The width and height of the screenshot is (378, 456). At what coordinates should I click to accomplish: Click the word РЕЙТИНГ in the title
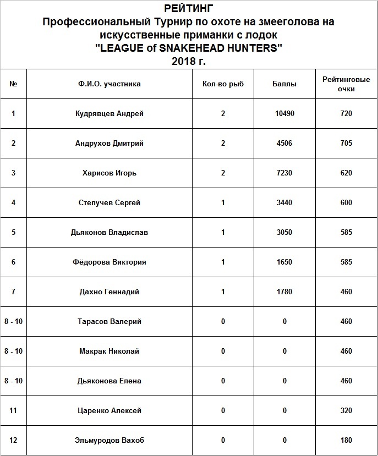188,9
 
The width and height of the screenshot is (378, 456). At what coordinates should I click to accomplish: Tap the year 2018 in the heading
183,62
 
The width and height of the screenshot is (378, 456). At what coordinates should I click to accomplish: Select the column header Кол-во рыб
223,84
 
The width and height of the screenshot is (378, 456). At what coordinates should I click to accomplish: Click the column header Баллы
284,84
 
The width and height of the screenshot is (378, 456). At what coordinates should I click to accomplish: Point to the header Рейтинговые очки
346,84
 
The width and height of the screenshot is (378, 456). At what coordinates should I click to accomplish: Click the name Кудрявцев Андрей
109,114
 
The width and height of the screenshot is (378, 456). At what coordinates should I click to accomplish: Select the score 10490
284,114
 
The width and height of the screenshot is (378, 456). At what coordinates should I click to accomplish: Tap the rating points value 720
346,114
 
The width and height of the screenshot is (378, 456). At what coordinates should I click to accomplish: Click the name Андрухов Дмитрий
109,144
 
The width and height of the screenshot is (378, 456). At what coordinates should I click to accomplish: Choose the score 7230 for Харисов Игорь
284,173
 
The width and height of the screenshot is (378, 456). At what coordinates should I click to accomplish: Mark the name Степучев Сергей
109,203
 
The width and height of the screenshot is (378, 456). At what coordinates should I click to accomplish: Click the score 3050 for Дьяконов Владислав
284,233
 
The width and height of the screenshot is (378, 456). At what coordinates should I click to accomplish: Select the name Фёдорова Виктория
109,262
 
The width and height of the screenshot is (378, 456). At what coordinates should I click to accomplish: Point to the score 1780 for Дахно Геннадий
284,292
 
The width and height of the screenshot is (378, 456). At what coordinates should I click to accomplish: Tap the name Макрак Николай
109,351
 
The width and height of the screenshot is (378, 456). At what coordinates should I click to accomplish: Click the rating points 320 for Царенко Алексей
346,411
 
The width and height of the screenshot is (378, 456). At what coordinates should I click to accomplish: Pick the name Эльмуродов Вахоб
109,441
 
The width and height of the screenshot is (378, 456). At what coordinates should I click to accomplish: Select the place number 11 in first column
13,411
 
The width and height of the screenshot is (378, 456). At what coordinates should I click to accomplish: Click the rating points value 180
346,441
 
